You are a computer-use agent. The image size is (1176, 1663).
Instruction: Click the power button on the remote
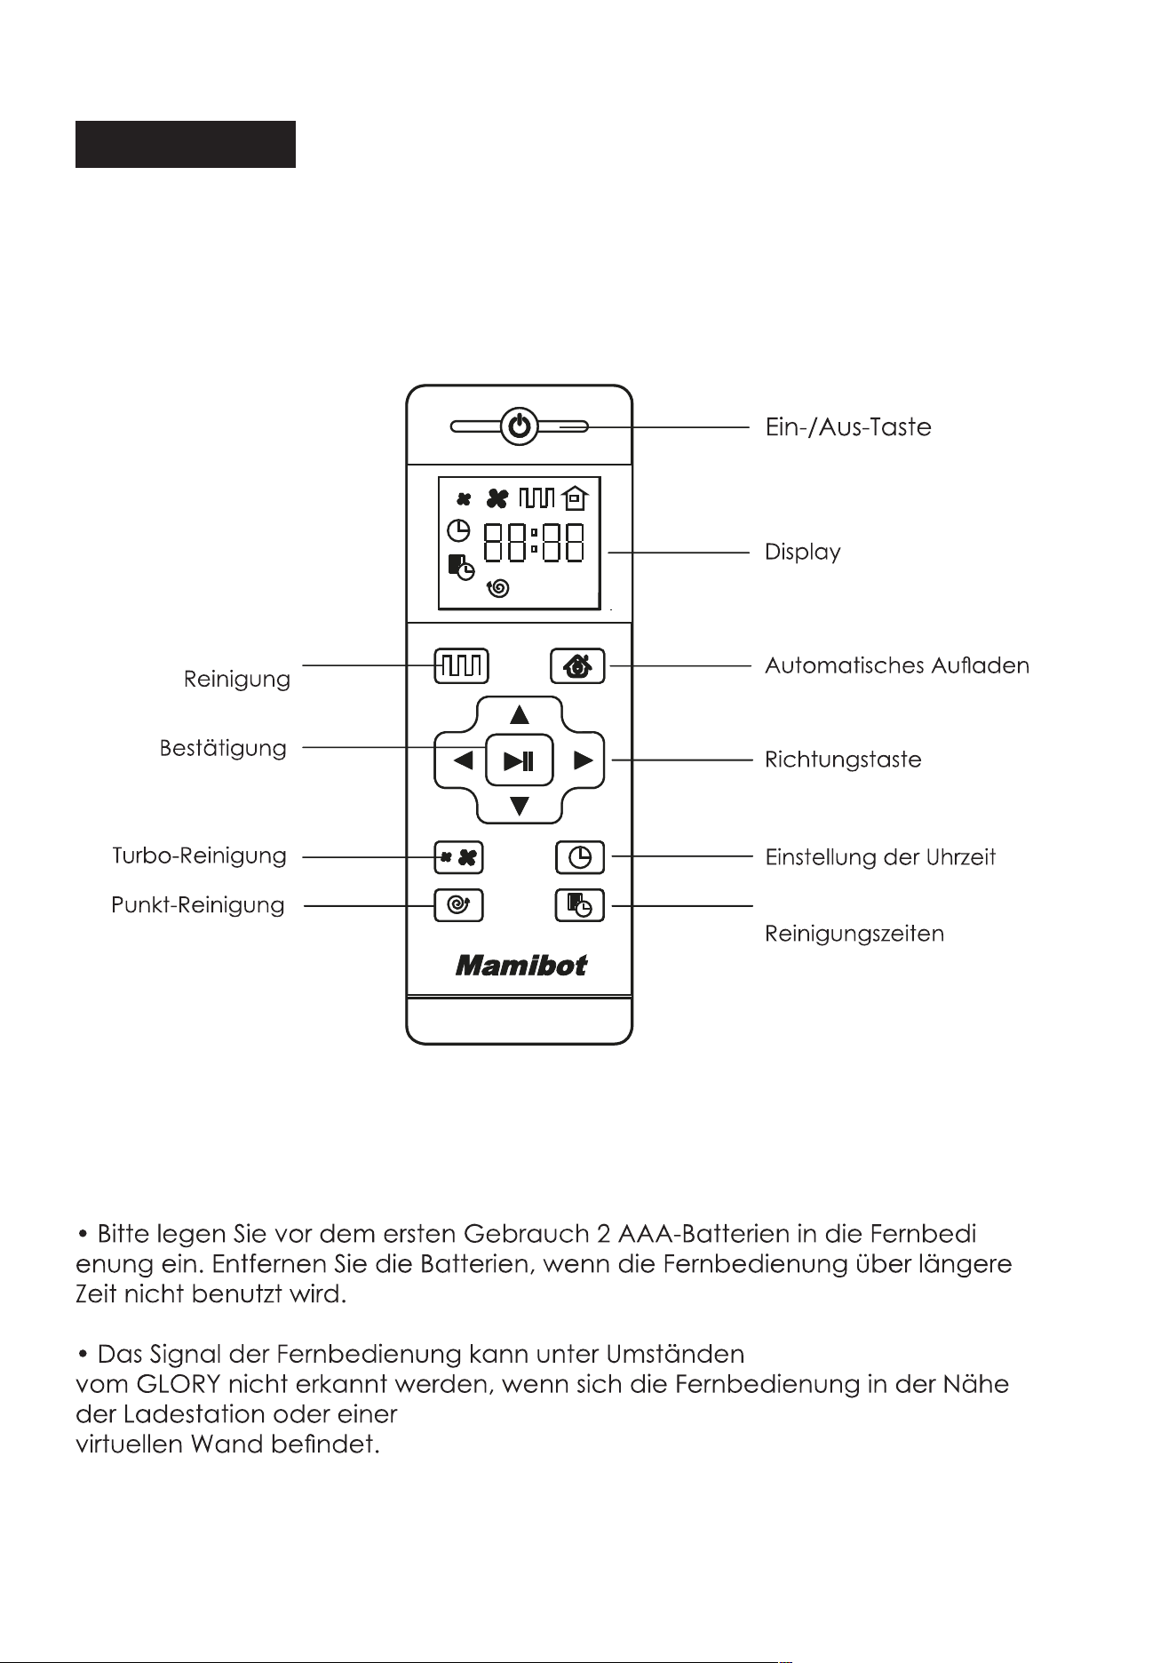click(520, 427)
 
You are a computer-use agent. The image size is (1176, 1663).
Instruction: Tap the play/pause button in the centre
click(520, 760)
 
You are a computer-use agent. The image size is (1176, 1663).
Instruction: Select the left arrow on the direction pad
click(463, 760)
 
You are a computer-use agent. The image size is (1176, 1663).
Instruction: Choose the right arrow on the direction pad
click(583, 760)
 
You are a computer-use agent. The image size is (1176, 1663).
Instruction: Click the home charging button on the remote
click(577, 665)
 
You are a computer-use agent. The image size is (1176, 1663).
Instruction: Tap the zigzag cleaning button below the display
click(461, 664)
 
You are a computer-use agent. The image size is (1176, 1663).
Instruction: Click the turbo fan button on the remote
click(458, 857)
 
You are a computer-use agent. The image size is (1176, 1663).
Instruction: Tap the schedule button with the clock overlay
click(579, 905)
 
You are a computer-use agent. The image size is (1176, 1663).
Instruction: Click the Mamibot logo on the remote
click(520, 966)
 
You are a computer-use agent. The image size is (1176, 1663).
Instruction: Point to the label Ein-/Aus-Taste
click(848, 427)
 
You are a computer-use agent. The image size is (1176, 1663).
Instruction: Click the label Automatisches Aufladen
click(897, 665)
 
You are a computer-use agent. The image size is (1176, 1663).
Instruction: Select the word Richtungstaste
click(843, 760)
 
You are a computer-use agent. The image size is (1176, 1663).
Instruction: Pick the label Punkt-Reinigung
click(198, 905)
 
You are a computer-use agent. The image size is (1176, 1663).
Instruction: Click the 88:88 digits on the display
click(534, 542)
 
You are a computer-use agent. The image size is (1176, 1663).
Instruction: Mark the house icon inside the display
click(576, 498)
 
